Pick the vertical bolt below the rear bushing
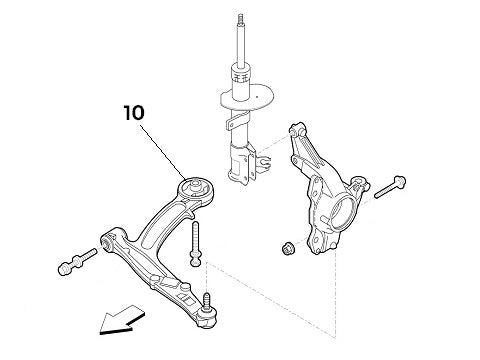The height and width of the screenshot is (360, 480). [x=194, y=246]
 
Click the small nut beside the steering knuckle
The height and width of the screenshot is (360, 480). [x=285, y=247]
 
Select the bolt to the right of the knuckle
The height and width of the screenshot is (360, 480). [x=389, y=187]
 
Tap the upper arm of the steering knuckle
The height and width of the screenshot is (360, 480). [x=300, y=140]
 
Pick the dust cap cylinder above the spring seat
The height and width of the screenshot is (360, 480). [x=240, y=75]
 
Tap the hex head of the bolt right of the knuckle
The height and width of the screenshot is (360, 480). [x=401, y=183]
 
